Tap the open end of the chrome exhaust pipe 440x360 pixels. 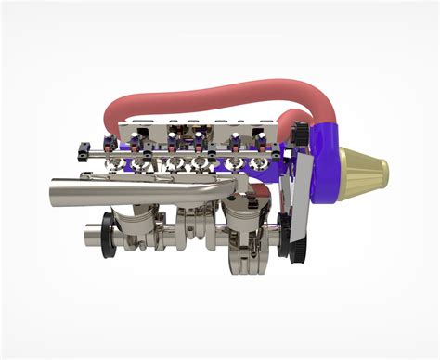54,192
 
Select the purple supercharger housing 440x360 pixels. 320,172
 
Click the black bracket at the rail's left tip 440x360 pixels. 84,148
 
